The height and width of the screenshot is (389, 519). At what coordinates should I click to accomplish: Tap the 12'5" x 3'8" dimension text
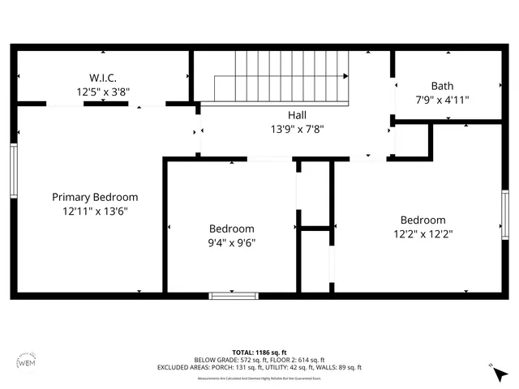point(102,92)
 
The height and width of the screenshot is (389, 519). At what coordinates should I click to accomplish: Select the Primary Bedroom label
point(95,197)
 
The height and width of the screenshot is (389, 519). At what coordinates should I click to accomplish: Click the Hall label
point(297,115)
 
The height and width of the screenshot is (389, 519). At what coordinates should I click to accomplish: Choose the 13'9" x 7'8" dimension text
point(297,129)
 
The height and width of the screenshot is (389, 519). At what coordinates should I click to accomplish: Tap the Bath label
point(442,86)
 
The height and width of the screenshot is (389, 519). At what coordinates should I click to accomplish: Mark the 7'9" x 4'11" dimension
point(442,100)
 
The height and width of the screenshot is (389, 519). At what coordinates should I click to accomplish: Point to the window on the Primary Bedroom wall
point(14,171)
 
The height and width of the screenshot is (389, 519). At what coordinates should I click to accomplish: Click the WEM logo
point(26,363)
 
